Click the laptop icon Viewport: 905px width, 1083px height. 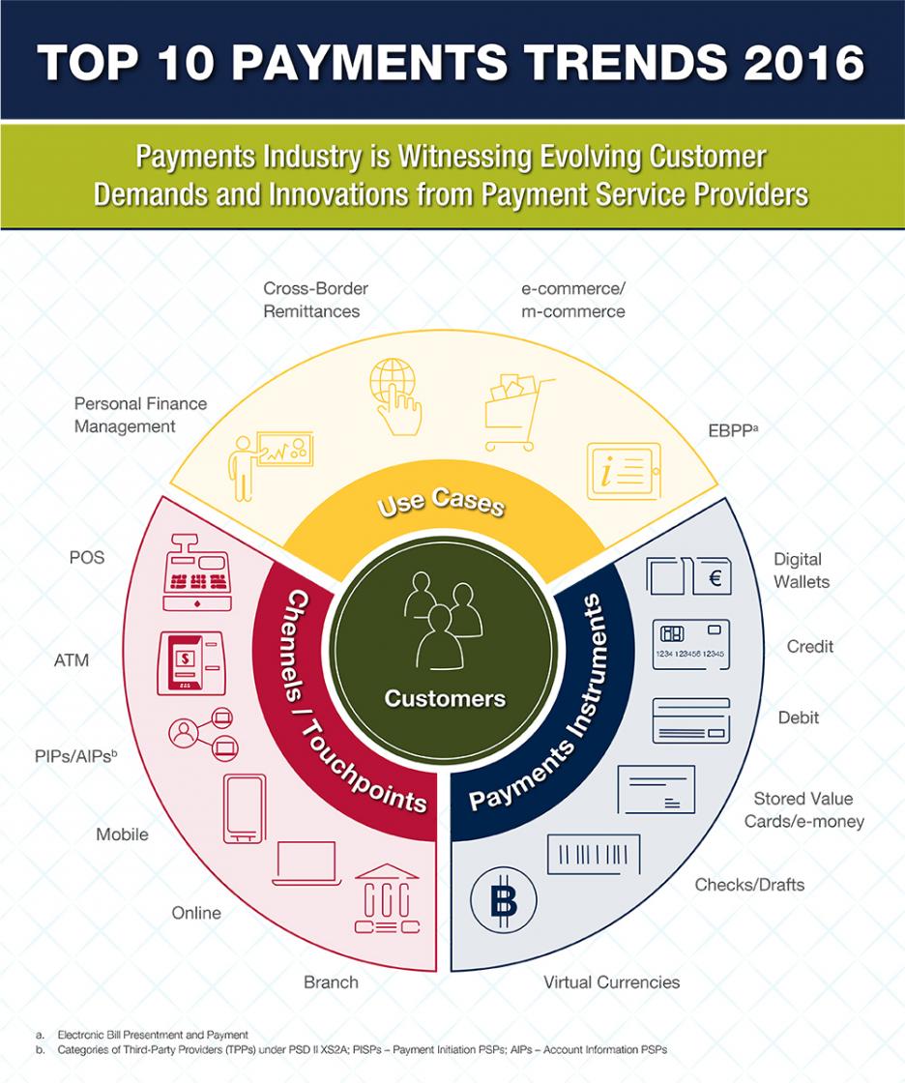(305, 863)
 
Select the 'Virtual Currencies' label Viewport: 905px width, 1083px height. (611, 982)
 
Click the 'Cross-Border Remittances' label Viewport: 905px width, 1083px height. (315, 300)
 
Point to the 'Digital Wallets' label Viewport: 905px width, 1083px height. (802, 571)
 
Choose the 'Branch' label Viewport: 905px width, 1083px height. (331, 982)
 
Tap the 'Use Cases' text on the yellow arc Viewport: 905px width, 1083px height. (441, 499)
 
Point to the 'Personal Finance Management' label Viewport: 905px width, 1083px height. (140, 414)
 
